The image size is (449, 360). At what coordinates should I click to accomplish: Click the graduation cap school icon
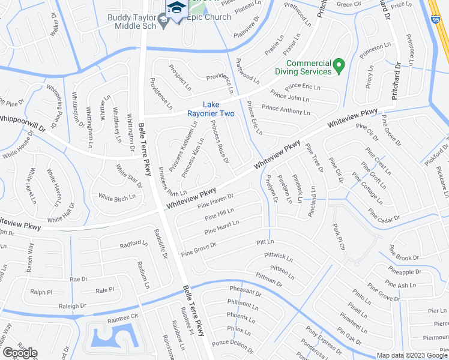tap(176, 8)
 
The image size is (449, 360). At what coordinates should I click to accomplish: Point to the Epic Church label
tap(209, 17)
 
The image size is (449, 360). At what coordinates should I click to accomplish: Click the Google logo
tap(20, 352)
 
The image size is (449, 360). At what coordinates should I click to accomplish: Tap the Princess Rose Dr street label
tap(219, 142)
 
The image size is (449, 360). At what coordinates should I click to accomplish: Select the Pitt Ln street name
tap(265, 242)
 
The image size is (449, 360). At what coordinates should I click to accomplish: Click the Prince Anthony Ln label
tap(286, 111)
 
